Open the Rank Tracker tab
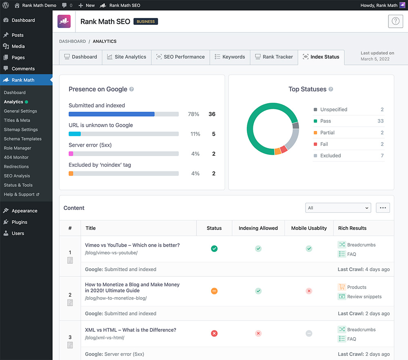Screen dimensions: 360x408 point(274,57)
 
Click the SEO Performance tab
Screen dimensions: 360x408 point(180,57)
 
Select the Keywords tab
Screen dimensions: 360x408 point(230,57)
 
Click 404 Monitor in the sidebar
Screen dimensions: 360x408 point(16,157)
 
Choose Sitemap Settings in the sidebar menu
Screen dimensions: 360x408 point(21,130)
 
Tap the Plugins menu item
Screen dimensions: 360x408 point(19,222)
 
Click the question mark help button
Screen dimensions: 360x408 point(395,22)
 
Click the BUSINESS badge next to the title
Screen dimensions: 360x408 point(146,22)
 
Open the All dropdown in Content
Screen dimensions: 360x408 point(338,208)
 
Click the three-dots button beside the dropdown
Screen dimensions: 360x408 point(383,208)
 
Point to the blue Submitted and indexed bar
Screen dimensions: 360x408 point(111,114)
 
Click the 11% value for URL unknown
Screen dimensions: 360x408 point(195,134)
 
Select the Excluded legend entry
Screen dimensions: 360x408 point(330,156)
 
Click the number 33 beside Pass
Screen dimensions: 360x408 point(380,121)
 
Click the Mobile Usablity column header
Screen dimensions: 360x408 point(309,228)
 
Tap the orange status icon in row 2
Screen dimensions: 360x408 point(214,291)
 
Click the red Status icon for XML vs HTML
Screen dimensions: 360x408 point(214,333)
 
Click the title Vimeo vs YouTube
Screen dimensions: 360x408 point(132,245)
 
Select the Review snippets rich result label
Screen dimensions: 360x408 point(364,297)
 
